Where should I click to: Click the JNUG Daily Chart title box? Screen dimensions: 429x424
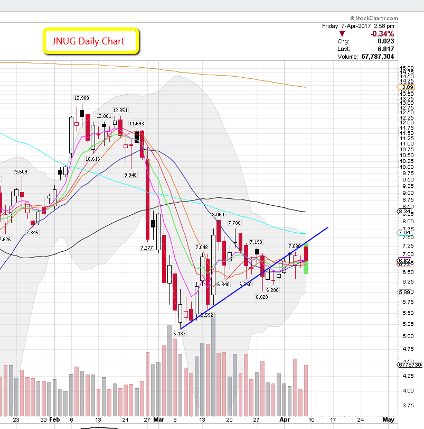click(x=91, y=41)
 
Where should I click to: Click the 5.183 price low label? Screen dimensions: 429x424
click(x=180, y=333)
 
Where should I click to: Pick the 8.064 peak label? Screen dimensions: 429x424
click(x=219, y=215)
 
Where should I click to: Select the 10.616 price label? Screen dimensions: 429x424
click(x=92, y=159)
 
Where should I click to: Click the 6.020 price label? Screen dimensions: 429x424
click(x=262, y=297)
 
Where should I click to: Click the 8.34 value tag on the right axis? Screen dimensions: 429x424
click(x=404, y=211)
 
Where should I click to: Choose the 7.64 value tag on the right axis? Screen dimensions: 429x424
click(x=404, y=233)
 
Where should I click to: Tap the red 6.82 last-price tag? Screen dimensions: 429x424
click(x=404, y=261)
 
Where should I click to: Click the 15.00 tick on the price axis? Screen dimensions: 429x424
click(x=406, y=68)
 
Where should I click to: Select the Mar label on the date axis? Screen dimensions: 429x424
click(x=159, y=419)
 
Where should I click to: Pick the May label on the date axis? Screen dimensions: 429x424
click(x=388, y=419)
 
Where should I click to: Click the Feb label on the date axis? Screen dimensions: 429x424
click(x=55, y=419)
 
